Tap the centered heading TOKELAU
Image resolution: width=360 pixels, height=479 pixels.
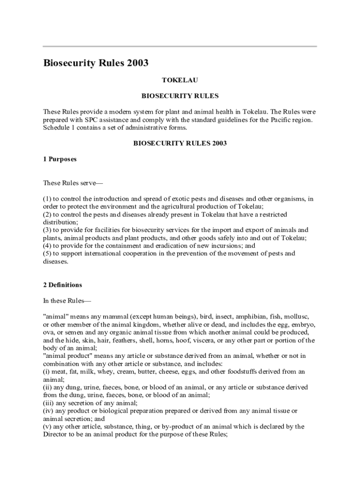click(180, 80)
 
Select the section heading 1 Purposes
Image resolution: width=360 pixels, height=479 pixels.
click(59, 159)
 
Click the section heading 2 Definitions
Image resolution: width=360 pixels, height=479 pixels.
click(63, 285)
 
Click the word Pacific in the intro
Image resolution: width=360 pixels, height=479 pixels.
click(263, 120)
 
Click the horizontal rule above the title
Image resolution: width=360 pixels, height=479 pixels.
click(180, 47)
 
